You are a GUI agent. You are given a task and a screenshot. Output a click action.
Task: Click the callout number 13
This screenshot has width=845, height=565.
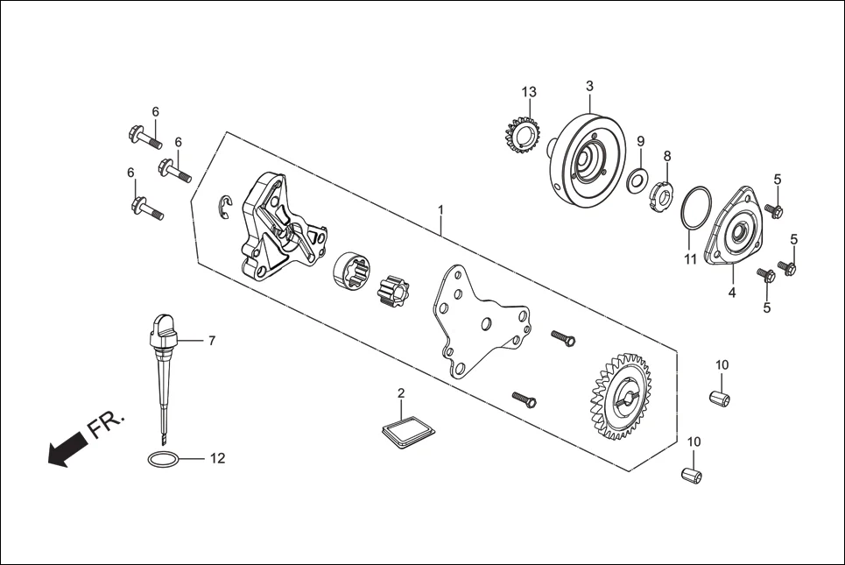pos(529,92)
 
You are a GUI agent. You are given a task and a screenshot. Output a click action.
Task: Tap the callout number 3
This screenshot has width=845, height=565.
pos(589,86)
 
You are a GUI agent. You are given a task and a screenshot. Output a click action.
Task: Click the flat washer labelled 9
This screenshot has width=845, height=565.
pos(637,181)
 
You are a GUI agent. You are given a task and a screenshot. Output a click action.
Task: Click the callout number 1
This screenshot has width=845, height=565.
pos(441,210)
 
